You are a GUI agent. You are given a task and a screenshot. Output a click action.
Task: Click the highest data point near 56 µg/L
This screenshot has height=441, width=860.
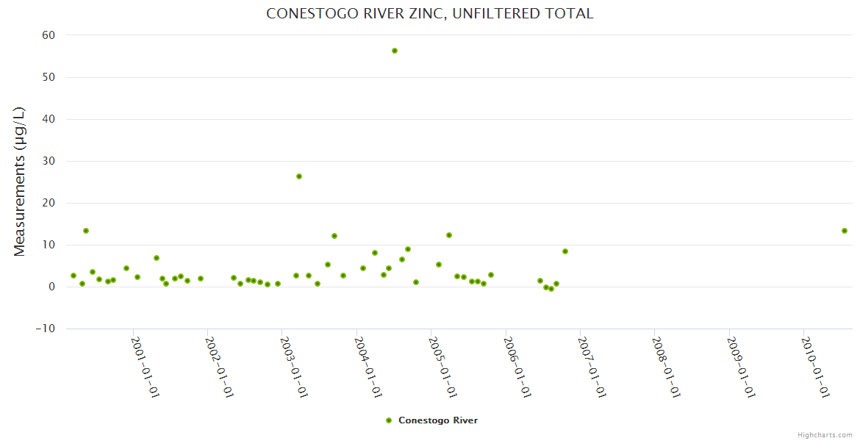(395, 51)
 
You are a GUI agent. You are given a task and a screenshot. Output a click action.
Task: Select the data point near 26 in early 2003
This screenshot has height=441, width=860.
(299, 176)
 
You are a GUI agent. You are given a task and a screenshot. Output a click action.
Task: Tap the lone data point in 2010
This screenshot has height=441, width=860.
(845, 231)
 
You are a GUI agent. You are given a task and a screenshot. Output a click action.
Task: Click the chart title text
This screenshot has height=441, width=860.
(429, 14)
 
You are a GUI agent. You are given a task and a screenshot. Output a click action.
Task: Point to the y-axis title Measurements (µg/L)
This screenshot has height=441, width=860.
(20, 182)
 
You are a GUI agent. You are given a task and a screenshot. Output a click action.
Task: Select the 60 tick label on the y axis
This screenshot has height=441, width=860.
(49, 35)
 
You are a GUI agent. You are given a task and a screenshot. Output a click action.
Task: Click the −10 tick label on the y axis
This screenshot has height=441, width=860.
(46, 329)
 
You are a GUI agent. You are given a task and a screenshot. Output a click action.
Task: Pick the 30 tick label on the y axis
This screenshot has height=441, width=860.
(49, 161)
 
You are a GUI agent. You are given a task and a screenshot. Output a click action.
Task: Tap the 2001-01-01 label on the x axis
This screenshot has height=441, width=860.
(146, 367)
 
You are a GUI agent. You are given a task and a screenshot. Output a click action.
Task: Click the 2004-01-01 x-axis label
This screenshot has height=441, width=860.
(369, 367)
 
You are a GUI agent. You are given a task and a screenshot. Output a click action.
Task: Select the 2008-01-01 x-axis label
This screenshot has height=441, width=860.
(667, 367)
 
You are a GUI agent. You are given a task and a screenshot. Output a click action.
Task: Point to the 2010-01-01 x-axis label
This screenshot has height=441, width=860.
(816, 367)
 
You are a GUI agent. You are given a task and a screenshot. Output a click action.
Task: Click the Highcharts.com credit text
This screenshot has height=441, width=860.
(825, 435)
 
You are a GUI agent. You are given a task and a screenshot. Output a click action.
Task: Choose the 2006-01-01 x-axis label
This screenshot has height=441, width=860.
(518, 367)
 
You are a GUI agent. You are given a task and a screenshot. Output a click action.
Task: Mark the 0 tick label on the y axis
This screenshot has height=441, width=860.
(52, 287)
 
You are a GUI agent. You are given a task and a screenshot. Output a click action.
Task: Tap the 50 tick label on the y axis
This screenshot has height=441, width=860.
(49, 77)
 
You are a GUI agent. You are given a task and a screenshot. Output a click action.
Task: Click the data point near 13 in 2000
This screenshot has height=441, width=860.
(86, 231)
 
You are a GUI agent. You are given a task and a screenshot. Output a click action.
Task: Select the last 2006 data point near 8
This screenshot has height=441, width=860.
(565, 251)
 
